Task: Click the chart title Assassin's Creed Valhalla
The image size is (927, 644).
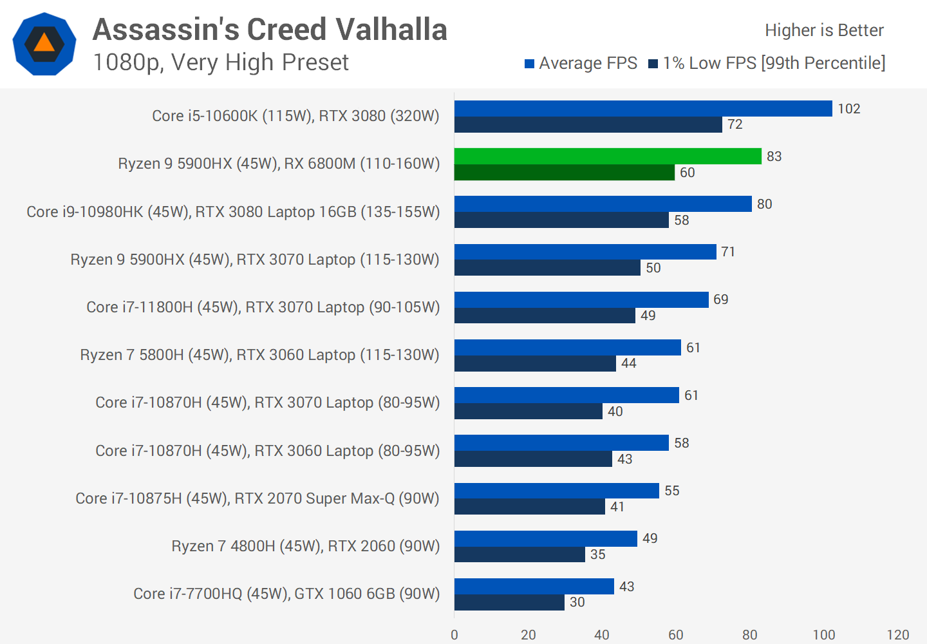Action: [x=270, y=30]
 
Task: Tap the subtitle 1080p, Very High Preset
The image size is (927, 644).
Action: [x=220, y=62]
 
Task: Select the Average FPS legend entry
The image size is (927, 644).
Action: [x=581, y=63]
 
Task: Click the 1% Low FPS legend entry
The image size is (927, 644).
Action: [x=767, y=63]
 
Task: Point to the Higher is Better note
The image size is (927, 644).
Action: [x=824, y=30]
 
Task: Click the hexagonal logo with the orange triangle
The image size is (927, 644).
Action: [x=44, y=44]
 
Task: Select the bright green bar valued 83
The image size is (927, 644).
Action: [x=608, y=156]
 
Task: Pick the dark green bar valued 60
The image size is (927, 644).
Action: [x=564, y=173]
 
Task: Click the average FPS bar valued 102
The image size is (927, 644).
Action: [x=643, y=109]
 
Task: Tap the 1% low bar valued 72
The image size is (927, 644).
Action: [x=588, y=125]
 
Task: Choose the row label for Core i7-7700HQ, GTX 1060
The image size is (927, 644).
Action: [x=286, y=594]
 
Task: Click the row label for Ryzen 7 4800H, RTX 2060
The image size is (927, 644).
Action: [x=306, y=546]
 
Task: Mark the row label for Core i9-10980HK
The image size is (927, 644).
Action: [x=233, y=212]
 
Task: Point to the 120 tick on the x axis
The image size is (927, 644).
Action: [x=897, y=635]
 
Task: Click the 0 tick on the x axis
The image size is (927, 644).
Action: [x=454, y=635]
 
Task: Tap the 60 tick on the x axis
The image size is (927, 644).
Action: [x=676, y=635]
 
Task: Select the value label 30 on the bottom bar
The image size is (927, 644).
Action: [x=577, y=602]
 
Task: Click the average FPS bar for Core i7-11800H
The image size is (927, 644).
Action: [x=581, y=299]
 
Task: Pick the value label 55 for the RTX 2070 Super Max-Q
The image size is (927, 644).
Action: [x=672, y=491]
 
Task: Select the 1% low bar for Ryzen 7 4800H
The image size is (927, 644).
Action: [x=520, y=554]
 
